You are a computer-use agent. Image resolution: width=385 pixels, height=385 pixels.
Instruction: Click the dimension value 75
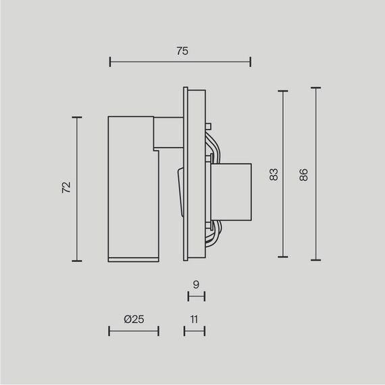[x=180, y=51]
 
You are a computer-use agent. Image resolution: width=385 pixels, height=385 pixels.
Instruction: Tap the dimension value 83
[x=274, y=174]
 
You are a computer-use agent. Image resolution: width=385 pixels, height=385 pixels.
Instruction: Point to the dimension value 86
[x=304, y=174]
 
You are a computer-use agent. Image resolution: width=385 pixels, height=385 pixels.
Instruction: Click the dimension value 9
[x=195, y=285]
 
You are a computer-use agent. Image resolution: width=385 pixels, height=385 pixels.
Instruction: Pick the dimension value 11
[x=195, y=319]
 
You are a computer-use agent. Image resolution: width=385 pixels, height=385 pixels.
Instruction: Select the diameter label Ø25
[x=134, y=319]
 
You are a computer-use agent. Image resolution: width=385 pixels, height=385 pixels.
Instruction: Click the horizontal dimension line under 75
[x=180, y=63]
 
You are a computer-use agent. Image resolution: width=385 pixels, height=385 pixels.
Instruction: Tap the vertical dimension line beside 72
[x=77, y=189]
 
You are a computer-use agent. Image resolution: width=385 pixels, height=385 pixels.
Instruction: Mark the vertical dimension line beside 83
[x=283, y=174]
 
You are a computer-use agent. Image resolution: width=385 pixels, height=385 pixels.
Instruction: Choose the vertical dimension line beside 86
[x=315, y=174]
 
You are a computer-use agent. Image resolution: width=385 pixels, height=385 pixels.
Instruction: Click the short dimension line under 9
[x=195, y=296]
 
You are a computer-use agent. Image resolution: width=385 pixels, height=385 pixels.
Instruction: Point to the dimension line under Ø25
[x=134, y=330]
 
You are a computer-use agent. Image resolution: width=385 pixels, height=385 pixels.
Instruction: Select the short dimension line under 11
[x=195, y=330]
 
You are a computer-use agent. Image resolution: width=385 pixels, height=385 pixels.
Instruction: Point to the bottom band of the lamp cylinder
[x=131, y=259]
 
